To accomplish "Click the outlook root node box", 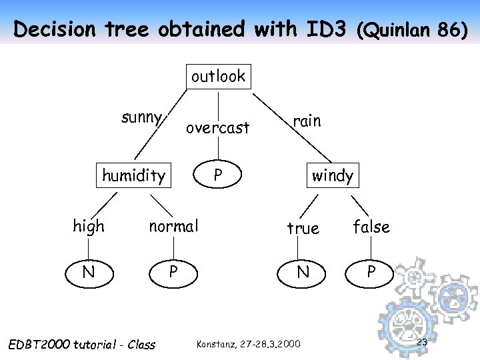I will click(x=218, y=77).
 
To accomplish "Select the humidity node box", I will click(x=133, y=176).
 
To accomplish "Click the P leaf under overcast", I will click(x=217, y=176).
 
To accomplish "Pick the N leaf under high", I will click(x=88, y=272).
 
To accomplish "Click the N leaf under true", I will click(x=303, y=272).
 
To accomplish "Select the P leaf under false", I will click(x=371, y=272).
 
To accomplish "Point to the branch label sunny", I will click(x=141, y=119).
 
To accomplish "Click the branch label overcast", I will click(x=217, y=127).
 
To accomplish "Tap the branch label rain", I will click(x=307, y=121).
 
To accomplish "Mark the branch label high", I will click(x=89, y=226).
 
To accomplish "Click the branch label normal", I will click(x=173, y=226).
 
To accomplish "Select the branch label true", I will click(x=303, y=228).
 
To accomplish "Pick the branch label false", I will click(x=371, y=227).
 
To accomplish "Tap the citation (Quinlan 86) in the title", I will click(x=412, y=30).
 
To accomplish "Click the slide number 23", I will click(x=421, y=343).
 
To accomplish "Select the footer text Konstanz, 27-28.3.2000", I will click(x=248, y=344).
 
